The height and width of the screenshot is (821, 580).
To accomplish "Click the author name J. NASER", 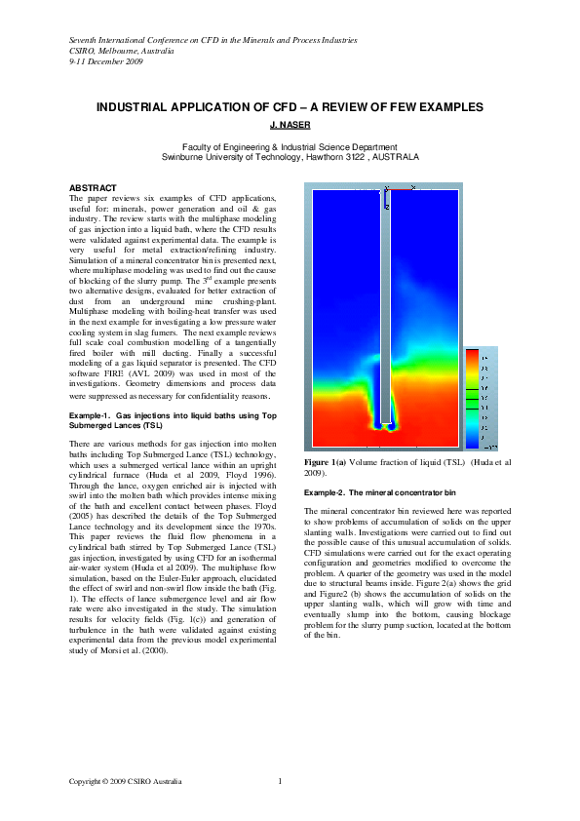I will (290, 125).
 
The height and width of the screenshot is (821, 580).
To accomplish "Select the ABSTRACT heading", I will (94, 187).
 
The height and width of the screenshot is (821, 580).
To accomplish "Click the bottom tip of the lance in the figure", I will (386, 426).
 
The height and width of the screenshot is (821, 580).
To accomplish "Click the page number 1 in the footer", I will (280, 780).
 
